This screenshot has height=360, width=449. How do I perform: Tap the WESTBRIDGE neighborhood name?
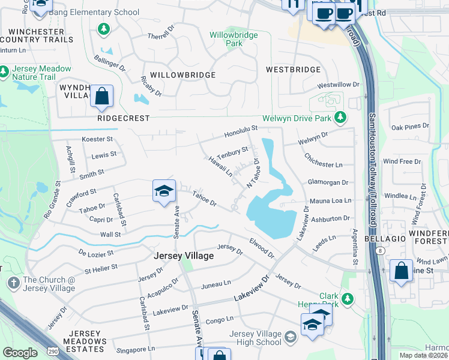[x=294, y=70]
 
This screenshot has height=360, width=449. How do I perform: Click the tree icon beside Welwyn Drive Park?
[x=340, y=117]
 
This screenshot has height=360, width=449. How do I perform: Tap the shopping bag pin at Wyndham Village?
[x=101, y=96]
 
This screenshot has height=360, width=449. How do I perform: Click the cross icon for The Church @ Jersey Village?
[x=14, y=280]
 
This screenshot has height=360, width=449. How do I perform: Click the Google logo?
[x=20, y=353]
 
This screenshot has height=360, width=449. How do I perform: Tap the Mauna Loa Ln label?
[x=330, y=200]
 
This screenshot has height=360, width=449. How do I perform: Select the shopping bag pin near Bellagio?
[x=401, y=271]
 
